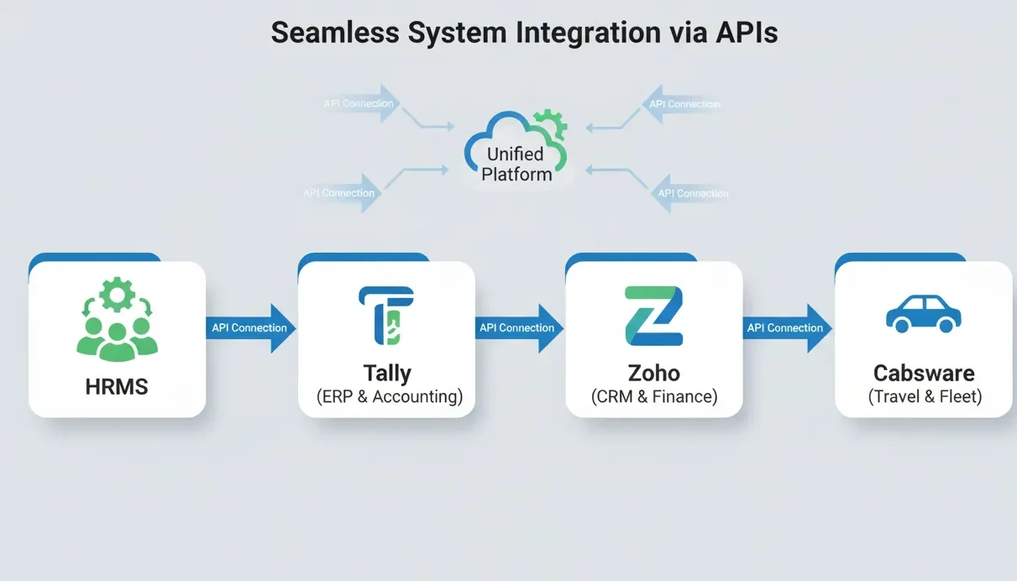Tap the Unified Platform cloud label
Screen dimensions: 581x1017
click(x=515, y=164)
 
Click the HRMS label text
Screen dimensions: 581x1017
click(x=117, y=387)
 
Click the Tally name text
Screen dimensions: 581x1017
click(x=386, y=372)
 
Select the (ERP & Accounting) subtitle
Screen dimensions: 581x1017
click(x=389, y=397)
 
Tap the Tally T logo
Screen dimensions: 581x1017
click(x=386, y=316)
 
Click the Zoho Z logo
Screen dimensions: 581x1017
click(x=654, y=316)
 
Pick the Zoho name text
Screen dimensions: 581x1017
click(x=654, y=372)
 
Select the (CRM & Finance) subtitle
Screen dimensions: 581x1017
click(x=654, y=397)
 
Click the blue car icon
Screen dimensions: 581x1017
click(x=923, y=313)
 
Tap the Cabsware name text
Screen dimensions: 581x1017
click(x=924, y=372)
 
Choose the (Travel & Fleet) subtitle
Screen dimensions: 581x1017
click(x=924, y=397)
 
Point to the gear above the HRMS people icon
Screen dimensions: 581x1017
click(x=116, y=295)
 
